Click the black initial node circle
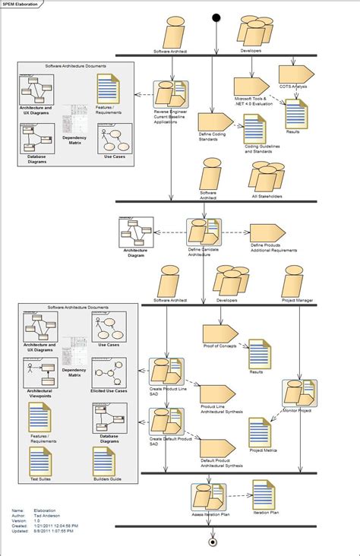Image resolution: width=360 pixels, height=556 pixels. point(216,17)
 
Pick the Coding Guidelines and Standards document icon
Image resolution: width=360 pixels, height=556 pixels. point(254,129)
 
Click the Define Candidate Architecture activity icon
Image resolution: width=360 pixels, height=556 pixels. point(204,232)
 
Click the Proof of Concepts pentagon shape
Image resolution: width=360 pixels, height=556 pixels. point(220,332)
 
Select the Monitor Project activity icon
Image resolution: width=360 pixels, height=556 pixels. point(298,393)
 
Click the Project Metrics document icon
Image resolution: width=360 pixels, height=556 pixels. point(261,431)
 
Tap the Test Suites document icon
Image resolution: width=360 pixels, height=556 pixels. point(40,461)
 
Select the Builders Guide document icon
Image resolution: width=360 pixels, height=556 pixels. point(104,461)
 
